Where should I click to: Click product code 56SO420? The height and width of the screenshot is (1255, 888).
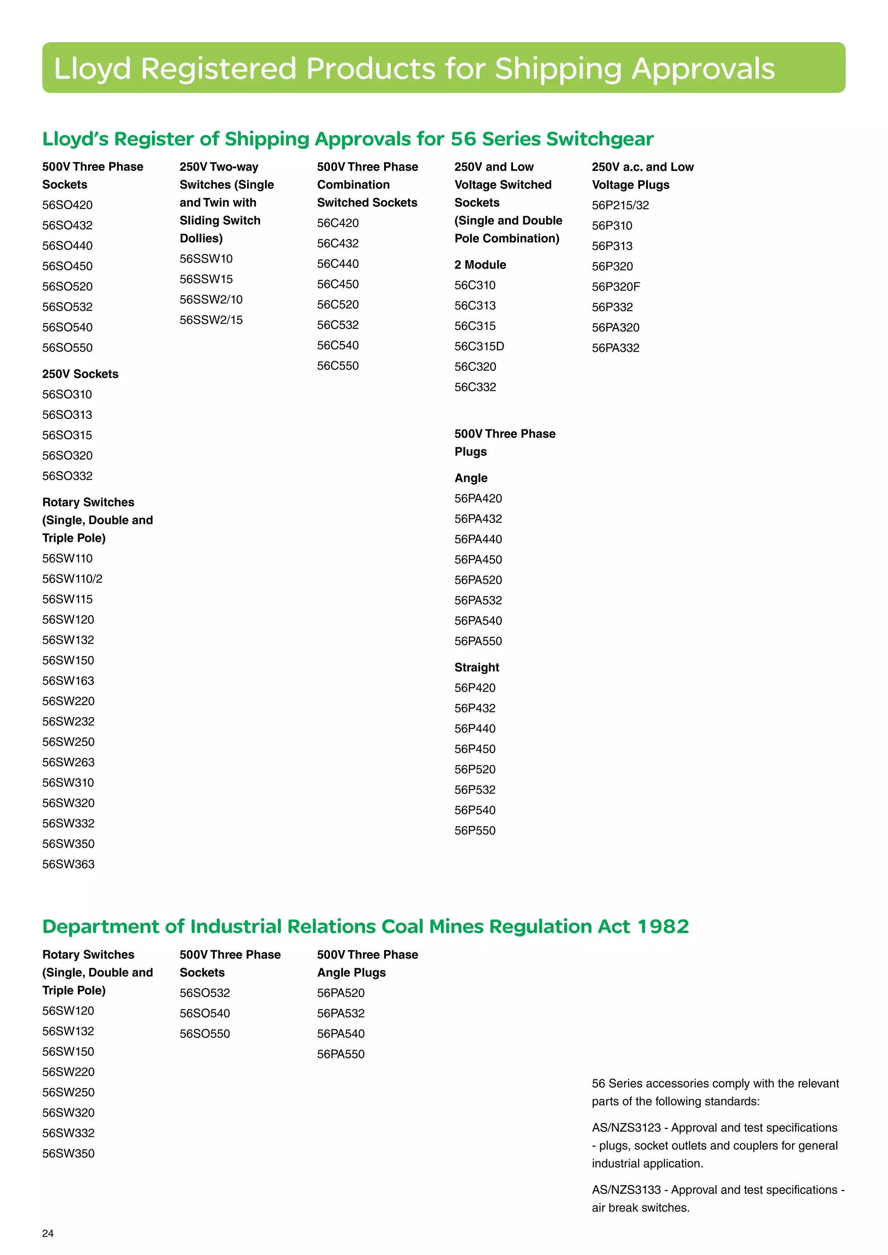point(67,205)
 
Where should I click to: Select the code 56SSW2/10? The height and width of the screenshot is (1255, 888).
point(211,299)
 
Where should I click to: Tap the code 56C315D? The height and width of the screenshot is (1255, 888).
point(479,347)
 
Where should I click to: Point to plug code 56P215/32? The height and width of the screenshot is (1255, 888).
point(620,205)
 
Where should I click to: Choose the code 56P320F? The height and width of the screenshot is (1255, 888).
point(616,287)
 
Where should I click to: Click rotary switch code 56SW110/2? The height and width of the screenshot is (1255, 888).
point(72,579)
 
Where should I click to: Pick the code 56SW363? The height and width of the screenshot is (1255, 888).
point(69,864)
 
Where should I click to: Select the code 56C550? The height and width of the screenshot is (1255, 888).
point(338,366)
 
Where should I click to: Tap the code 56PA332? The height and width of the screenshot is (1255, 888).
point(615,348)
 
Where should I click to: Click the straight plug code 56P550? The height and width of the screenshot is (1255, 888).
point(475,831)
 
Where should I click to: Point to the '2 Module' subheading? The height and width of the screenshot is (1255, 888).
point(480,265)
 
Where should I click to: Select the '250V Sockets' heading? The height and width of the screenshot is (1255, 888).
point(80,374)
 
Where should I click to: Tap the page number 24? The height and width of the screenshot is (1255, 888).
point(48,1233)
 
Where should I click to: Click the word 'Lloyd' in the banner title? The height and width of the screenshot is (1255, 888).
point(92,69)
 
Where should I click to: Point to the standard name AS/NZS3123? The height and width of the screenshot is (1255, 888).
point(626,1128)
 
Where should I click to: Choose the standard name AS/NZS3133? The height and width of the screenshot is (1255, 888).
point(626,1190)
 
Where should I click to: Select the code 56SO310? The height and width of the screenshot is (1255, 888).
point(67,395)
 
